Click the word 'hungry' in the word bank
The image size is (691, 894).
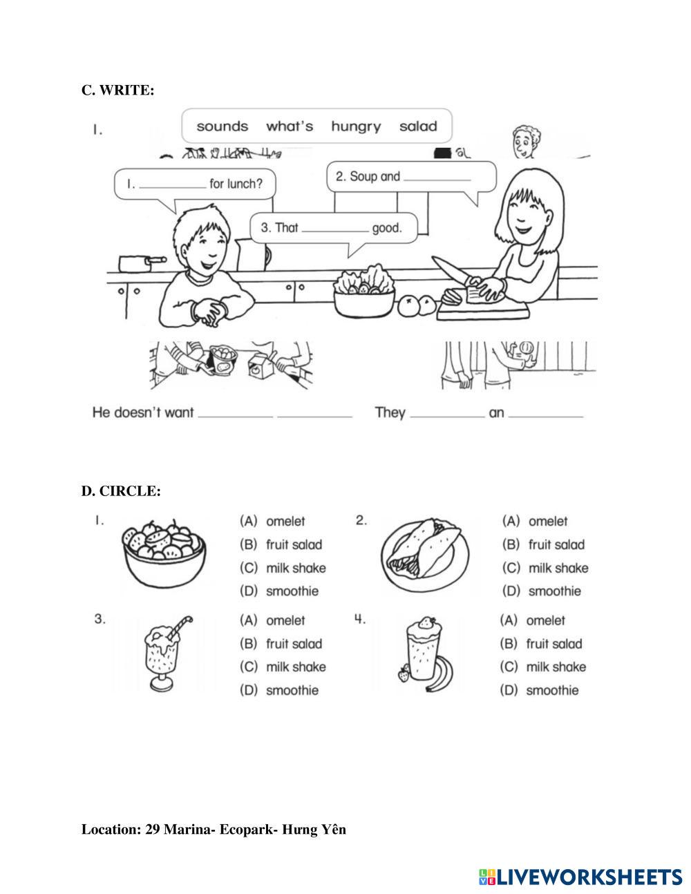pyautogui.click(x=356, y=126)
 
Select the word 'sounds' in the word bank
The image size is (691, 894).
pyautogui.click(x=222, y=126)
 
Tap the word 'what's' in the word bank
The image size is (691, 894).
pyautogui.click(x=290, y=126)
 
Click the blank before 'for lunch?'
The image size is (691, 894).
pyautogui.click(x=172, y=184)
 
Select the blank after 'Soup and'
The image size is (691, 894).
pyautogui.click(x=437, y=177)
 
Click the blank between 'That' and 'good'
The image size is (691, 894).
pyautogui.click(x=336, y=228)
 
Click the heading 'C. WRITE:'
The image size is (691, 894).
pyautogui.click(x=117, y=90)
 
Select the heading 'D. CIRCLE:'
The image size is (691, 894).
pyautogui.click(x=121, y=491)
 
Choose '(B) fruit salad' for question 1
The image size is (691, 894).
pyautogui.click(x=281, y=544)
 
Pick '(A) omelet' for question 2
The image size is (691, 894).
pyautogui.click(x=535, y=522)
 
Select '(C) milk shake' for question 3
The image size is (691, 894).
pyautogui.click(x=283, y=667)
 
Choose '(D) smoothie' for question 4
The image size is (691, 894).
pyautogui.click(x=540, y=690)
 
